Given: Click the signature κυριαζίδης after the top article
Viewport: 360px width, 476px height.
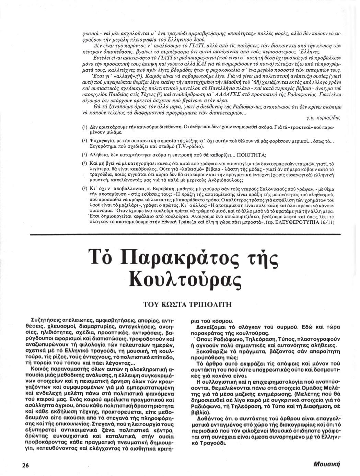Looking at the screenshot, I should pyautogui.click(x=323, y=118).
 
